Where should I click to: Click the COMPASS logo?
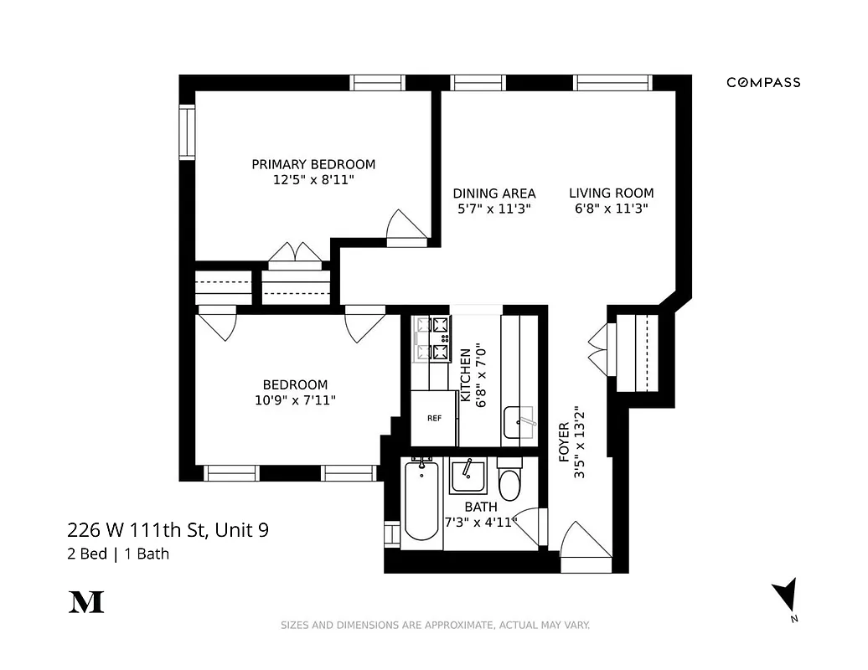tap(762, 82)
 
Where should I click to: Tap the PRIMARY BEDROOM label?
tap(313, 164)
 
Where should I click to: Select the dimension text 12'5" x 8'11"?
tap(313, 179)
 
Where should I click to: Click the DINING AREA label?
tap(494, 193)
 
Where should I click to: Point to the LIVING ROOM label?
tap(612, 193)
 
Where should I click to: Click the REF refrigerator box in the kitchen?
tap(434, 418)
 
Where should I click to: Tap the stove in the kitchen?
tap(430, 339)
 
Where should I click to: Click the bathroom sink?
tap(468, 477)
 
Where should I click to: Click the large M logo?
tap(85, 601)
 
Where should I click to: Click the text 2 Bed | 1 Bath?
tap(118, 554)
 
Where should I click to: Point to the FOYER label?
tap(564, 442)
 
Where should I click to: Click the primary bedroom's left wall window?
tap(187, 131)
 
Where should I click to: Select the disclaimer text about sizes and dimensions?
tap(435, 625)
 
